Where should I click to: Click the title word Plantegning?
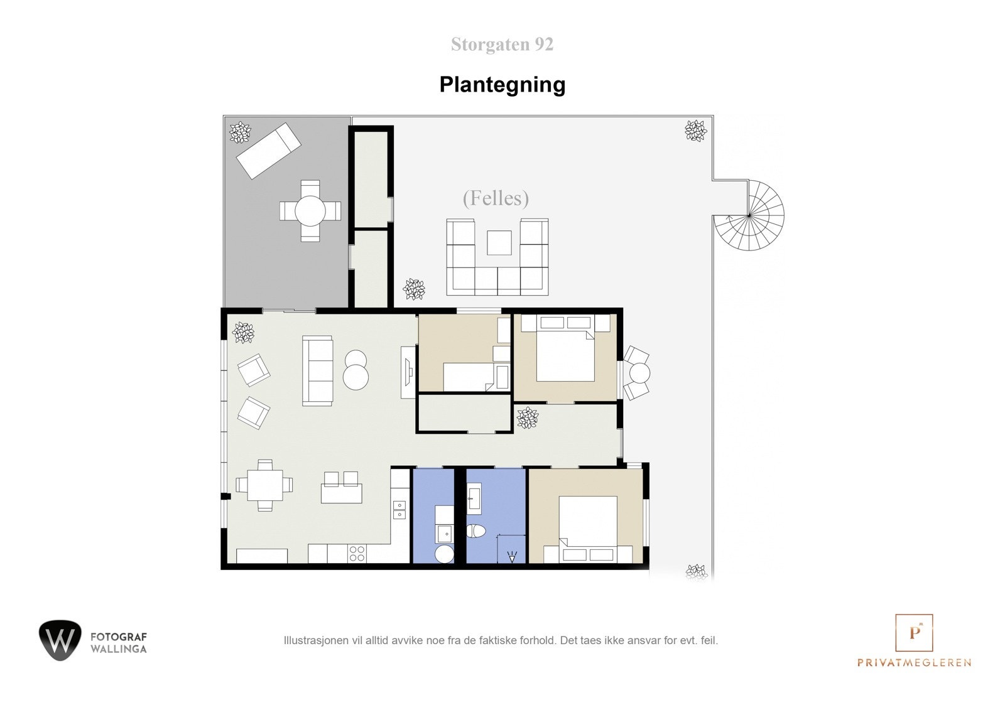pyautogui.click(x=502, y=85)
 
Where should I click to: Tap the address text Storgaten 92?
pyautogui.click(x=502, y=45)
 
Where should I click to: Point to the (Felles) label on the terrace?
pyautogui.click(x=496, y=198)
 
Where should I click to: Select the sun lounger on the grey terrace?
pyautogui.click(x=268, y=150)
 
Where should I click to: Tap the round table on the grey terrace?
pyautogui.click(x=310, y=210)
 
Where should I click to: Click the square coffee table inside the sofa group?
pyautogui.click(x=499, y=243)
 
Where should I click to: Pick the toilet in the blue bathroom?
pyautogui.click(x=477, y=531)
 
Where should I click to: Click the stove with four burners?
pyautogui.click(x=357, y=554)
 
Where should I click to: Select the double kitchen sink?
pyautogui.click(x=399, y=510)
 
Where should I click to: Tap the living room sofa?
pyautogui.click(x=317, y=370)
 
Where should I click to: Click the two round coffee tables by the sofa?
pyautogui.click(x=356, y=370)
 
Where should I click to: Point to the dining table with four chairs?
pyautogui.click(x=264, y=485)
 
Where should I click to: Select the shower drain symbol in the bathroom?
pyautogui.click(x=513, y=556)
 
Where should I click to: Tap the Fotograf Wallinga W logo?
pyautogui.click(x=60, y=640)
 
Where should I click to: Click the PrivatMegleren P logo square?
pyautogui.click(x=914, y=632)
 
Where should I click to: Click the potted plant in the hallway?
pyautogui.click(x=528, y=417)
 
